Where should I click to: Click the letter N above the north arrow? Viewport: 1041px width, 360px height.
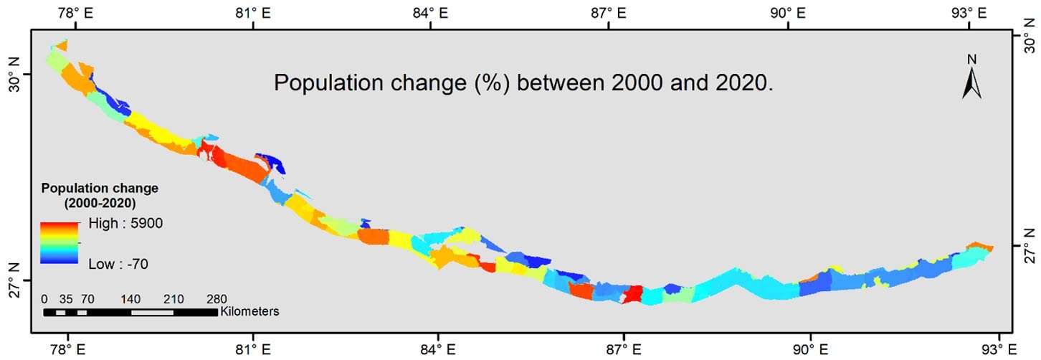point(972,59)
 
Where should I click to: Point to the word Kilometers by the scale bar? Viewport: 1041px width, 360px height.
point(249,312)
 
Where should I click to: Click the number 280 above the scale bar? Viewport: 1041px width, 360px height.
point(217,299)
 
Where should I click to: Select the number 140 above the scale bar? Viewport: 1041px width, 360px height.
point(130,299)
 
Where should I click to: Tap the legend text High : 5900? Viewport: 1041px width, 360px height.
point(126,224)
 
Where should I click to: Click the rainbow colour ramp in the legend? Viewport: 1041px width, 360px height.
point(60,242)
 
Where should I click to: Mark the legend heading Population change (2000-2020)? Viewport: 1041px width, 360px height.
point(100,195)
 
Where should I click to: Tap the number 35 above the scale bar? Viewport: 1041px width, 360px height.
point(67,299)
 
